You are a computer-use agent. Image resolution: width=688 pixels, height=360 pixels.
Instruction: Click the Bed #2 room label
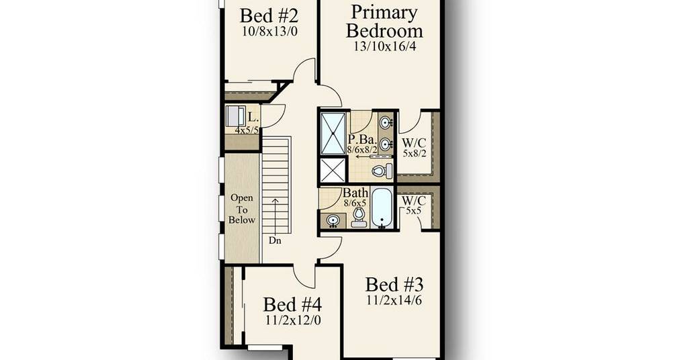(x=269, y=16)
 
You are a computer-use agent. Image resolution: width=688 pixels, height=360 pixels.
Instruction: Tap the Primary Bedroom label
(x=384, y=22)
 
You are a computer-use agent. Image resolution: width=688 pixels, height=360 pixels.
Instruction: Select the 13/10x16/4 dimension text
(x=385, y=46)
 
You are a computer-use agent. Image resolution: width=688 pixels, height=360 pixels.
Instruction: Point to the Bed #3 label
(x=394, y=285)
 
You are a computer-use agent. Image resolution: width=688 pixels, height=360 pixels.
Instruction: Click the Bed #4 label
(x=292, y=304)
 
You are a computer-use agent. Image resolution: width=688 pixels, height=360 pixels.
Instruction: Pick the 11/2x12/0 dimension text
(x=293, y=320)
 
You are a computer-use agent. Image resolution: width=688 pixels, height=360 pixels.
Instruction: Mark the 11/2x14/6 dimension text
(x=394, y=300)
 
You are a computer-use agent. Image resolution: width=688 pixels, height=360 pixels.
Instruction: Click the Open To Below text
(x=242, y=209)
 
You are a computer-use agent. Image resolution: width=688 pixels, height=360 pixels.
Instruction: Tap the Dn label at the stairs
(x=275, y=240)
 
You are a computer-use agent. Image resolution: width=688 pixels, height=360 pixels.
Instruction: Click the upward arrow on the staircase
(x=275, y=216)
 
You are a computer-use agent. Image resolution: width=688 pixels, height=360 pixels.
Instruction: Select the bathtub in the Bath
(x=382, y=208)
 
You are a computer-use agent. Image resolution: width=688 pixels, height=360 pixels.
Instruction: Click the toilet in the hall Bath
(x=359, y=217)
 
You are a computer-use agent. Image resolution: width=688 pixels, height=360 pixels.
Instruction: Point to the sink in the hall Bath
(x=333, y=220)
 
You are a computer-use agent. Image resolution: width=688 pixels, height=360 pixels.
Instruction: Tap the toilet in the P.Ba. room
(x=382, y=171)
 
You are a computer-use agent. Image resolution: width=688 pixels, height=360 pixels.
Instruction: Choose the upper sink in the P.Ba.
(x=386, y=122)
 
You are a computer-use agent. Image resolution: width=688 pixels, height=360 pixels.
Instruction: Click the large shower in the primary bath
(x=333, y=133)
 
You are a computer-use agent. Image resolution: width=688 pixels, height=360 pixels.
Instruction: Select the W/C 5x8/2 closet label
(x=414, y=148)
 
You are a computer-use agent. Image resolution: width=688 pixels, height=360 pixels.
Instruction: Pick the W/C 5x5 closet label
(x=414, y=205)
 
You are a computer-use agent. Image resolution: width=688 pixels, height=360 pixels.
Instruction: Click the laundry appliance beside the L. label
(x=236, y=116)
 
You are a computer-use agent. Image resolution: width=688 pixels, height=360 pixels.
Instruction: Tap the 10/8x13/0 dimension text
(x=269, y=31)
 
